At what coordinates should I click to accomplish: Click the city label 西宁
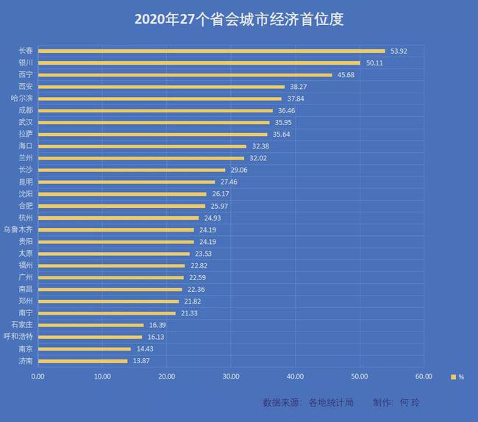pos(26,75)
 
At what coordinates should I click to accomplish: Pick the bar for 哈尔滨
pos(159,99)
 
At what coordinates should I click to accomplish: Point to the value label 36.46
pos(286,111)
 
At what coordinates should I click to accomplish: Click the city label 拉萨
pos(26,135)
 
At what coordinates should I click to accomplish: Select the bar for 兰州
pos(140,158)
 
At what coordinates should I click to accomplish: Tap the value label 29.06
pos(239,171)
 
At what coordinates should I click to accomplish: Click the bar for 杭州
pos(118,218)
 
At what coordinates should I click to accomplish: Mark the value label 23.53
pos(203,254)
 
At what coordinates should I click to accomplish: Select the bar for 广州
pos(110,277)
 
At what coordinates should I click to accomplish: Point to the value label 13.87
pos(141,361)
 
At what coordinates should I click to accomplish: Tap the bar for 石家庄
pos(90,325)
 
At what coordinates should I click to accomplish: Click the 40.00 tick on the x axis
pos(295,376)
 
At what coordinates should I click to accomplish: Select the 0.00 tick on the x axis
pos(38,376)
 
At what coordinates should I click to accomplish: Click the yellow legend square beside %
pos(454,376)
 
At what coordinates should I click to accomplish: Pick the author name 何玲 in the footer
pos(410,403)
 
